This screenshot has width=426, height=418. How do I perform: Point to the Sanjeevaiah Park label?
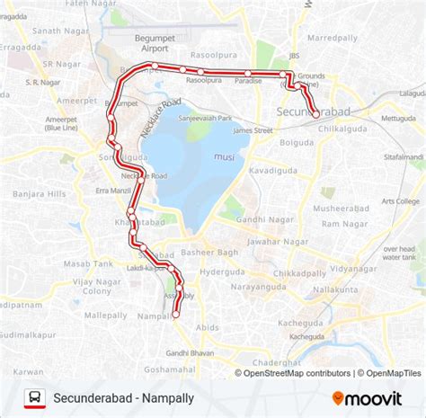pos(205,119)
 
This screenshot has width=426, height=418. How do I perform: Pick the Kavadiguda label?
pos(271,168)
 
